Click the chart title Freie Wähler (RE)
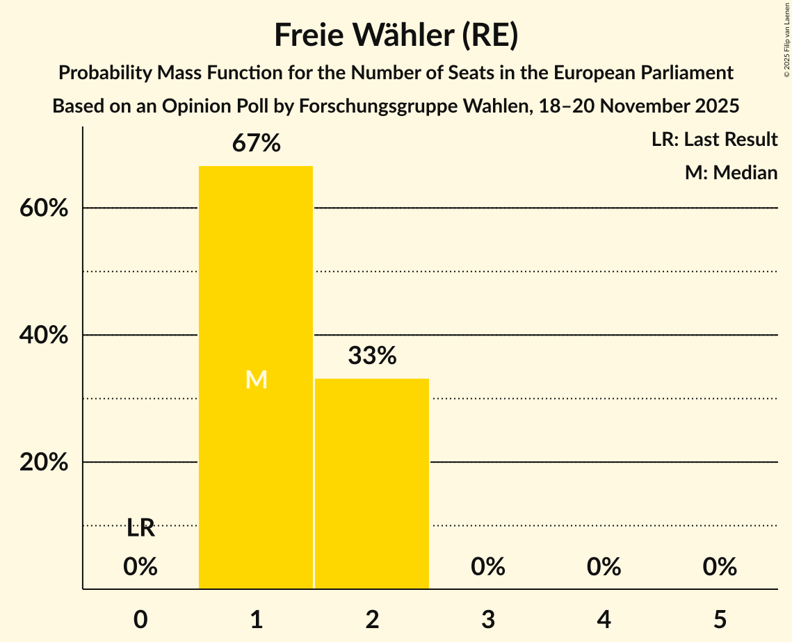[x=396, y=35]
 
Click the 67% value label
[x=257, y=144]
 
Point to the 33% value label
[x=372, y=356]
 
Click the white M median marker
[x=257, y=379]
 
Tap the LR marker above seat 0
[x=140, y=528]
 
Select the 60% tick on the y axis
[x=44, y=208]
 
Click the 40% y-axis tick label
[x=44, y=335]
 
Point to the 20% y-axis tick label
[x=44, y=462]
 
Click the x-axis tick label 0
[x=140, y=619]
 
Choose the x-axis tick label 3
[x=488, y=619]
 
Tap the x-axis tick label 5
[x=720, y=619]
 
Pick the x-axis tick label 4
[x=604, y=619]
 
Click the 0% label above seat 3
[x=488, y=567]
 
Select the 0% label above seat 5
[x=720, y=567]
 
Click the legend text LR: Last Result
[x=714, y=140]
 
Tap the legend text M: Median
[x=731, y=173]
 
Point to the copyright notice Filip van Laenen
[x=786, y=38]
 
